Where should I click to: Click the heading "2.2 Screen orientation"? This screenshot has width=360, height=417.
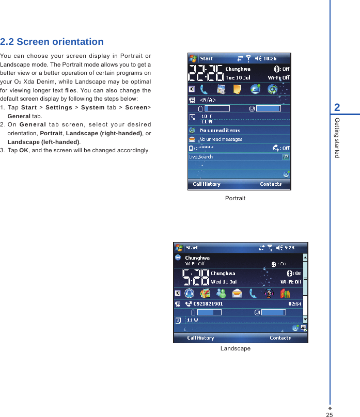point(52,42)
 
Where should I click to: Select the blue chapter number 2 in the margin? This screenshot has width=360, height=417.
point(337,107)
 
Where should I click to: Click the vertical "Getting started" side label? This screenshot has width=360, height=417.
point(337,137)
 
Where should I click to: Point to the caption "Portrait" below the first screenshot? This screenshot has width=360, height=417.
point(235,198)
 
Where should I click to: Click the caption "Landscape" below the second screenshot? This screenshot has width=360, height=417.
point(235,349)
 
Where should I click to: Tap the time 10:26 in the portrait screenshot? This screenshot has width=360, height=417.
point(270,58)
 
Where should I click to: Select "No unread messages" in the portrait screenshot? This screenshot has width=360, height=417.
point(221,139)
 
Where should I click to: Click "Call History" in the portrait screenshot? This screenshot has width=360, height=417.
point(207,184)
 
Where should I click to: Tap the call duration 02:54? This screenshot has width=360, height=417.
point(295,304)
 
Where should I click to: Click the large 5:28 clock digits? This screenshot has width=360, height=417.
point(196,278)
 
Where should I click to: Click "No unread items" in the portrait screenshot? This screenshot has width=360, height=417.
point(220,131)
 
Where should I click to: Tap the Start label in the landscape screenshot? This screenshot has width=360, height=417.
point(192,248)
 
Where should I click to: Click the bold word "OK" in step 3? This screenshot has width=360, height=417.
point(24,151)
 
